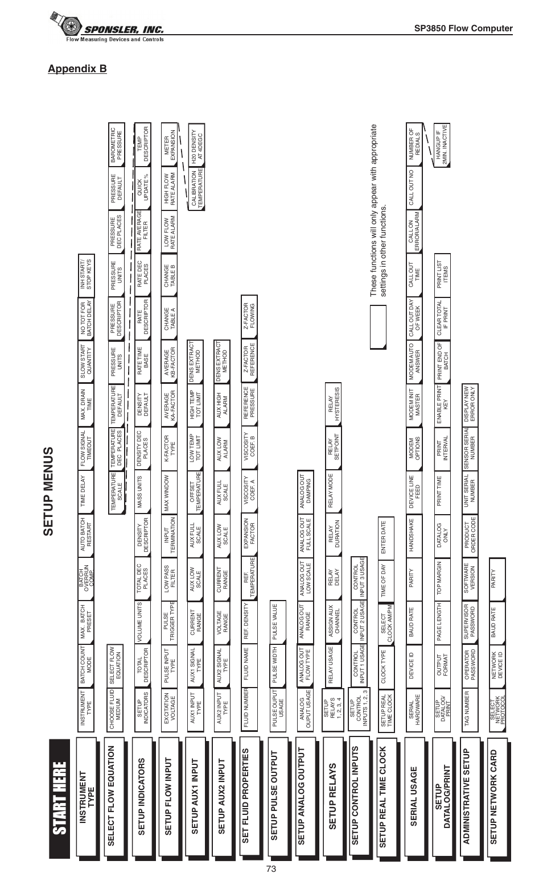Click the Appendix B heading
(x=77, y=69)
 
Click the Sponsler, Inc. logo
(x=108, y=29)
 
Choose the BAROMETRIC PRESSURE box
(x=116, y=145)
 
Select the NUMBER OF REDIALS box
(x=414, y=145)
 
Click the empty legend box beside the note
(x=378, y=326)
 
